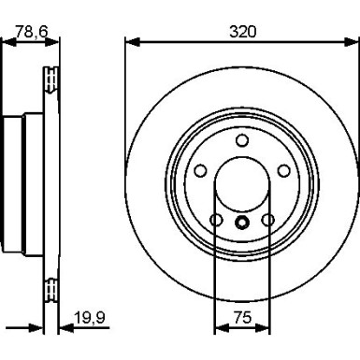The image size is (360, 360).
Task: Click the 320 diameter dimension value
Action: click(242, 32)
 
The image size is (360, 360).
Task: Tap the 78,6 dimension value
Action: click(31, 32)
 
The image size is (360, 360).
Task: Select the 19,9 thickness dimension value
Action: click(90, 318)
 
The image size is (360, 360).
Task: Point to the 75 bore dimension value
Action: click(242, 318)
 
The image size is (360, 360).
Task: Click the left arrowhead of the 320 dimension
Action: click(133, 42)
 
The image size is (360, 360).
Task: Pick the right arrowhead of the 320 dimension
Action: click(350, 42)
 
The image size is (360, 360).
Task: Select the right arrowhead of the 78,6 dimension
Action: click(51, 42)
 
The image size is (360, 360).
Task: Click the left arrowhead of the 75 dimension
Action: click(222, 327)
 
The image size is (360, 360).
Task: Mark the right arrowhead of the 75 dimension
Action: click(263, 327)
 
